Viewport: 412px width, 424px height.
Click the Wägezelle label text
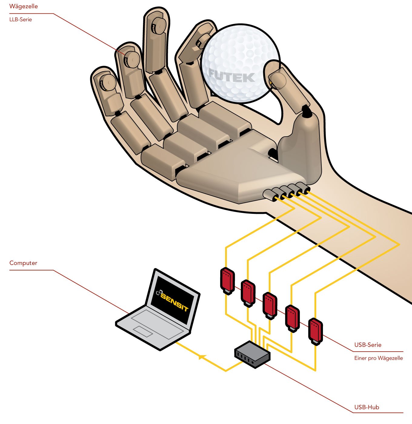(24, 6)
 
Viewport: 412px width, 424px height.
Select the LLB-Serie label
(21, 20)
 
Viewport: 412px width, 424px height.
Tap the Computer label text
(23, 263)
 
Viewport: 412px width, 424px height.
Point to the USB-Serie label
(368, 345)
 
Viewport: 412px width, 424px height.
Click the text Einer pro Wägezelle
(378, 358)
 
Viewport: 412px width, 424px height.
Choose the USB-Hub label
(367, 407)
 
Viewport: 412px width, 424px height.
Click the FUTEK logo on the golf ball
(232, 76)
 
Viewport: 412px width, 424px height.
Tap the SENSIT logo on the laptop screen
(173, 300)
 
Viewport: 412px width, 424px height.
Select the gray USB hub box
(252, 354)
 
